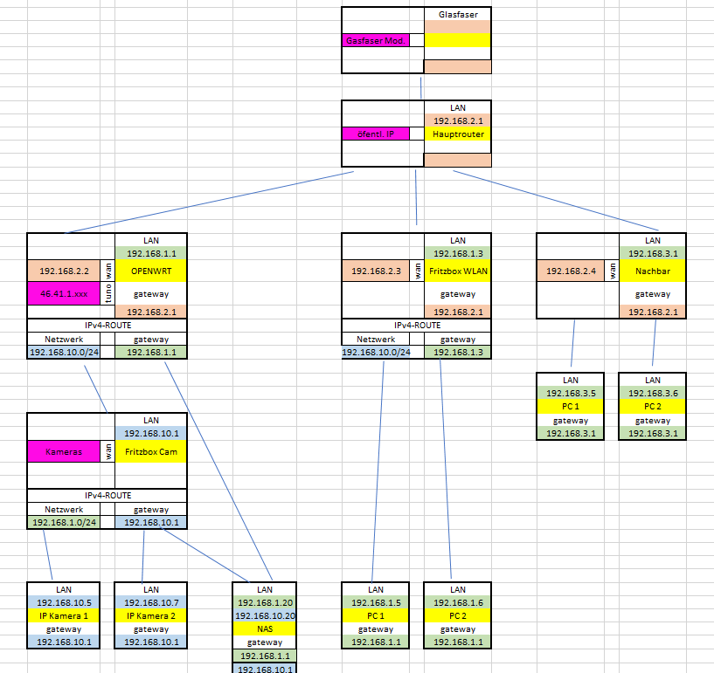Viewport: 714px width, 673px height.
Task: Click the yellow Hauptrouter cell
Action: pyautogui.click(x=457, y=134)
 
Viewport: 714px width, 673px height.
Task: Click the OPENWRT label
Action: pyautogui.click(x=150, y=271)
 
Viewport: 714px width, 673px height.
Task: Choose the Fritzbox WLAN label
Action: pyautogui.click(x=457, y=271)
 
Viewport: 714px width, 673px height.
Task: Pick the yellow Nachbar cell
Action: pyautogui.click(x=652, y=271)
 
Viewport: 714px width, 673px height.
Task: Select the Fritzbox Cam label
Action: pyautogui.click(x=150, y=452)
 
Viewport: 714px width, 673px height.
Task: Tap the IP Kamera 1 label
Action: pyautogui.click(x=62, y=616)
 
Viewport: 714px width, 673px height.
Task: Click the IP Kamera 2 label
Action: pyautogui.click(x=150, y=616)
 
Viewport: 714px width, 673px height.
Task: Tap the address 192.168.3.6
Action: pyautogui.click(x=652, y=394)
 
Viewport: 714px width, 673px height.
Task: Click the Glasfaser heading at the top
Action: pyautogui.click(x=457, y=15)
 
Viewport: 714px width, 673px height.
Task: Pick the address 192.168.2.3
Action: pyautogui.click(x=377, y=271)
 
